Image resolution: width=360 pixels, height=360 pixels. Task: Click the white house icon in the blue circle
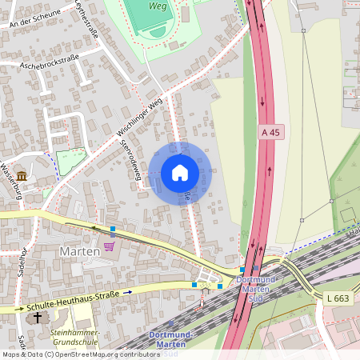coord(180,173)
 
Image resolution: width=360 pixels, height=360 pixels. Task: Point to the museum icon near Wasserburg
coord(21,175)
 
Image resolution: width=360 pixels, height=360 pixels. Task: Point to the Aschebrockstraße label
coord(50,65)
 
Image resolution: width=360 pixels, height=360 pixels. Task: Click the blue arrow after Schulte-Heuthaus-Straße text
coord(127,293)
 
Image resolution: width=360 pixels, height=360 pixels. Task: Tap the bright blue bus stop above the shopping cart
coord(113,229)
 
